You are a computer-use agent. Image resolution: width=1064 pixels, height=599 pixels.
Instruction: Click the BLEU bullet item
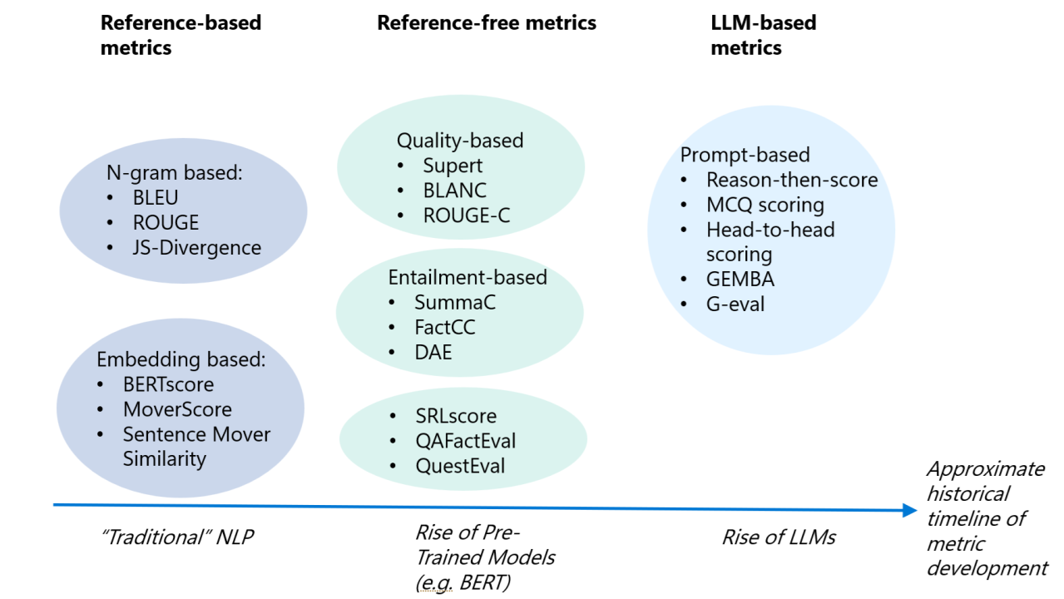point(156,198)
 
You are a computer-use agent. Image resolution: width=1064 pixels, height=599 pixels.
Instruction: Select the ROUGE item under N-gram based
point(166,223)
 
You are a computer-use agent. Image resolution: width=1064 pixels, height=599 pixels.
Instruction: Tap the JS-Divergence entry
point(196,248)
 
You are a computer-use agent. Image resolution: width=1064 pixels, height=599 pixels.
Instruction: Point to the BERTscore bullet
point(168,384)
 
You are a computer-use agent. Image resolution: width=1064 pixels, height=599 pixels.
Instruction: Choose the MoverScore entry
point(177,409)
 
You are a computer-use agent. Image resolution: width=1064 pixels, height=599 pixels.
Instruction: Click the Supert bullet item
point(453,166)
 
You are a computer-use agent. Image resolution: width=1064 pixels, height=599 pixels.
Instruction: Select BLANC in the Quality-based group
point(454,191)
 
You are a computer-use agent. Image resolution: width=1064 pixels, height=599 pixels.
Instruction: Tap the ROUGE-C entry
point(466,216)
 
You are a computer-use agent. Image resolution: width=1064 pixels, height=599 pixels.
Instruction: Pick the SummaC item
point(455,303)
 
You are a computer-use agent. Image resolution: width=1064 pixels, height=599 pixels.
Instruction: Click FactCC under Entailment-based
point(445,328)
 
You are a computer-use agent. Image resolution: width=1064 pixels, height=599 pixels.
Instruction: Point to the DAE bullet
point(433,353)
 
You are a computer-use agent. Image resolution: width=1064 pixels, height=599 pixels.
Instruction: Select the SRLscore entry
point(456,416)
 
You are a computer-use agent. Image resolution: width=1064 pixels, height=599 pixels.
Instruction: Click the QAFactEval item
point(466,441)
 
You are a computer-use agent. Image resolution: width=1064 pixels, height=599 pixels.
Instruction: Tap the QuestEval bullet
point(460,466)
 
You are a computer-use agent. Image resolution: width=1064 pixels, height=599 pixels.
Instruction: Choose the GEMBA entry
point(740,280)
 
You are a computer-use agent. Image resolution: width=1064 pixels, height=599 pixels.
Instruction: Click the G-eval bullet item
point(735,304)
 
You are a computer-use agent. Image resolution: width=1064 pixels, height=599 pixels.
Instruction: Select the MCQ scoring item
point(765,205)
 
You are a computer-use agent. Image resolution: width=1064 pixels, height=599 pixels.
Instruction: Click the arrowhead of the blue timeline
point(910,510)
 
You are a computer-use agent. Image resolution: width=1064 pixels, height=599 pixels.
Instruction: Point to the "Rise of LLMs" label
point(779,537)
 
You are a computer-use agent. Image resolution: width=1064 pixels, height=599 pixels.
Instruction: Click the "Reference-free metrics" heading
point(487,22)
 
